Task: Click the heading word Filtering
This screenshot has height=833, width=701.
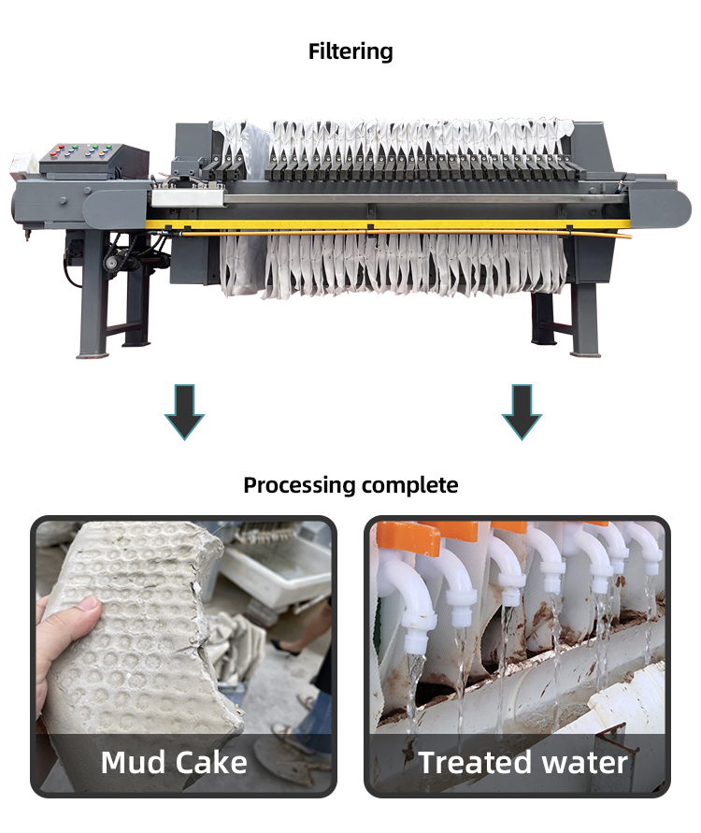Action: click(x=350, y=51)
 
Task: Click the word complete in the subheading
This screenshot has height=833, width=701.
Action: click(x=412, y=485)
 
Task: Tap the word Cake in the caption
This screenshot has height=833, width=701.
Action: click(x=210, y=762)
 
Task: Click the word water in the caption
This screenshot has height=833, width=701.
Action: click(x=584, y=762)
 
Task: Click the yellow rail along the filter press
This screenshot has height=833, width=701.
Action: click(x=374, y=225)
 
